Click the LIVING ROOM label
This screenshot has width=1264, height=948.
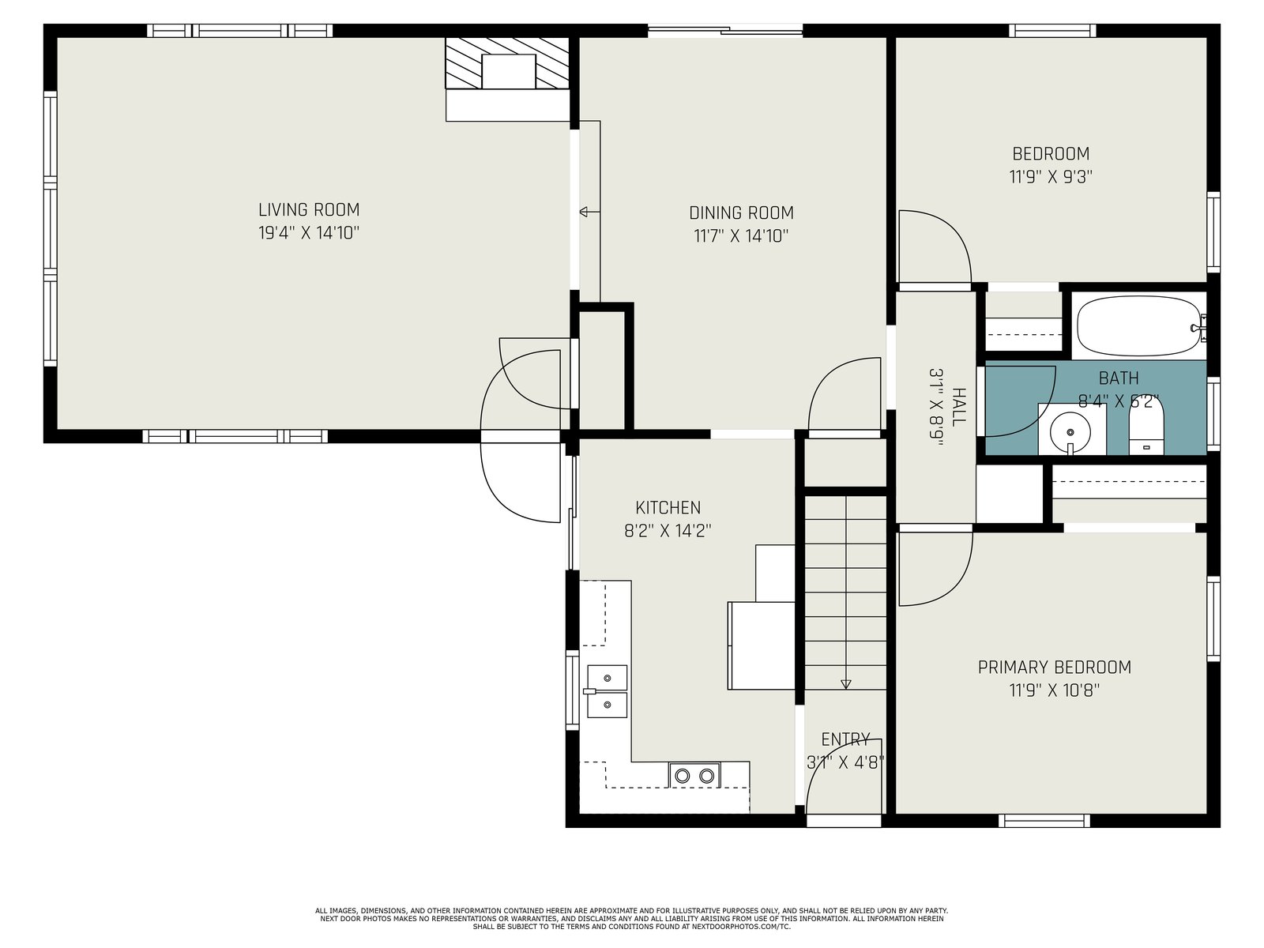coord(309,209)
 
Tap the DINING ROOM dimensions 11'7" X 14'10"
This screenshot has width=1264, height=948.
coord(741,236)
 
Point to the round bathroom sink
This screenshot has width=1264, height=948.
coord(1070,431)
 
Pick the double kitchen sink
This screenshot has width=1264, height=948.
coord(607,691)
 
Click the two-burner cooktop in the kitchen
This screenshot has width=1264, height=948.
coord(694,775)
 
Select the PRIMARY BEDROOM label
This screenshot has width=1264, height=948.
coord(1055,667)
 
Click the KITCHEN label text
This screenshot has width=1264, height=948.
coord(668,508)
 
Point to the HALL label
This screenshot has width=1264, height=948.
coord(958,408)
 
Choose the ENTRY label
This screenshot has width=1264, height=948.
coord(845,739)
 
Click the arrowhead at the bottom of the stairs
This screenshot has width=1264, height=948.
coord(845,684)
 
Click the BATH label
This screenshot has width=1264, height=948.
coord(1119,378)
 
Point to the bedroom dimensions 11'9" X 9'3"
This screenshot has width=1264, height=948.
coord(1051,177)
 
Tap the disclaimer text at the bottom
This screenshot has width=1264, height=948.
coord(632,919)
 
